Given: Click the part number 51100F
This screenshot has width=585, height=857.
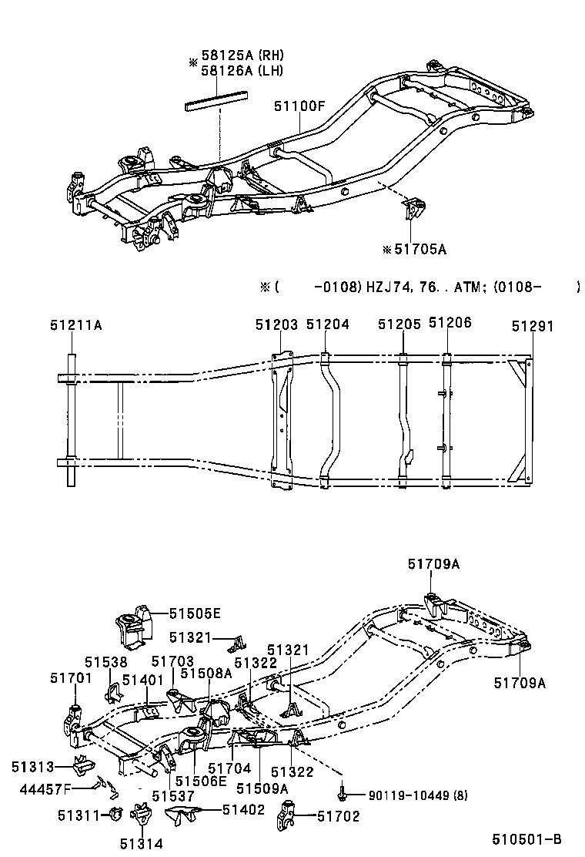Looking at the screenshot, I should point(299,107).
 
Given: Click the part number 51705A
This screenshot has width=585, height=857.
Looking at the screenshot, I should point(420,249).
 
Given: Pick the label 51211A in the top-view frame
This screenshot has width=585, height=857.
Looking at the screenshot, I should point(76,325).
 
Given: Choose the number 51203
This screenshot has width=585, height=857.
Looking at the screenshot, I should point(276,325).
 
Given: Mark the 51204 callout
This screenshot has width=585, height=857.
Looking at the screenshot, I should point(328,325).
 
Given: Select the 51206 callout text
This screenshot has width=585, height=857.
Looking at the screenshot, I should point(450,324).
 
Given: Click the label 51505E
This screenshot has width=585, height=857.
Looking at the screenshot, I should point(195,613).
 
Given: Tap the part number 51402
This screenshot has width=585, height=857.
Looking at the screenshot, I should point(243,809).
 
